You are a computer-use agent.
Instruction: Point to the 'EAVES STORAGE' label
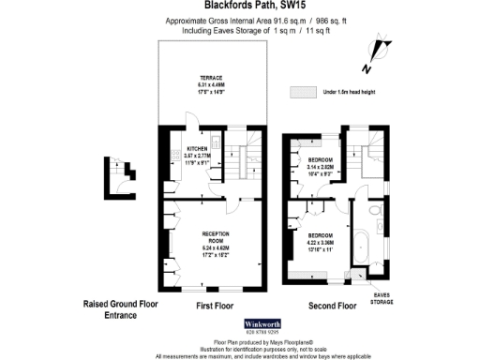point(382,297)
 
